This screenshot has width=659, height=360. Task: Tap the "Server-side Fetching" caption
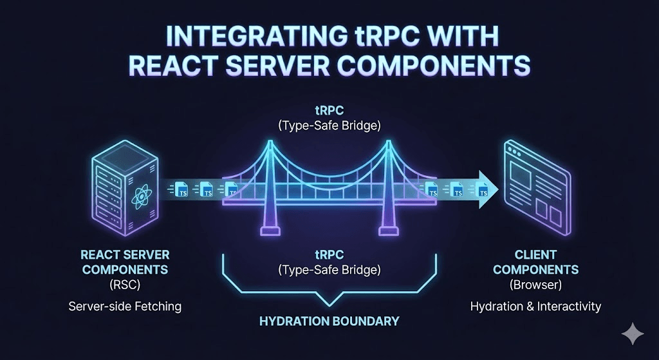[x=125, y=307]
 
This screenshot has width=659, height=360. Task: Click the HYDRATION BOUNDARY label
[x=329, y=321]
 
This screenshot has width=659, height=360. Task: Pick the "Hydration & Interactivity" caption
[x=535, y=307]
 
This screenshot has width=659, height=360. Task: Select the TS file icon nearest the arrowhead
[x=480, y=190]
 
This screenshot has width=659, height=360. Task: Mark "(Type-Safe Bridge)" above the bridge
[x=329, y=126]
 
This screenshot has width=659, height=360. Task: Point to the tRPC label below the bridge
[x=329, y=255]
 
